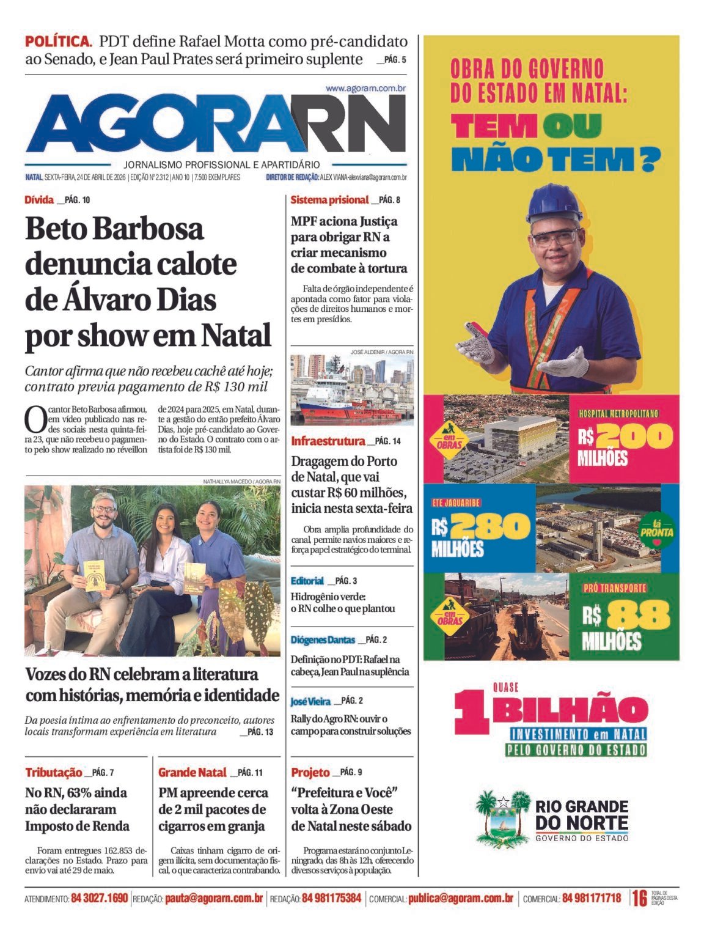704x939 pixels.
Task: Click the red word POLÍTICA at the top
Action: [x=58, y=42]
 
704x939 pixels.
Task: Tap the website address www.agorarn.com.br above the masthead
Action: [x=365, y=88]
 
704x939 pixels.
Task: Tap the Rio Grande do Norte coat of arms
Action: [x=502, y=817]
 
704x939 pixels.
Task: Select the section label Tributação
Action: [x=53, y=772]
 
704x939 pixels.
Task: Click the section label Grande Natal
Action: [x=192, y=772]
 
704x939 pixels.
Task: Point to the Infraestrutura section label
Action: [x=328, y=441]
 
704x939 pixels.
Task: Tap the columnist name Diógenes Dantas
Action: [x=323, y=639]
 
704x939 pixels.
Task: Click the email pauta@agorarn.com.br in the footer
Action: [x=213, y=898]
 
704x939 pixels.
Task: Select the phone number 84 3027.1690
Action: [x=100, y=898]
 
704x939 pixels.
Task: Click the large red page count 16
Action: [x=639, y=898]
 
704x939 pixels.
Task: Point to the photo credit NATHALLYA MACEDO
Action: [x=226, y=482]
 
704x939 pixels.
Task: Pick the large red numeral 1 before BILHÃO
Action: [x=472, y=711]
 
